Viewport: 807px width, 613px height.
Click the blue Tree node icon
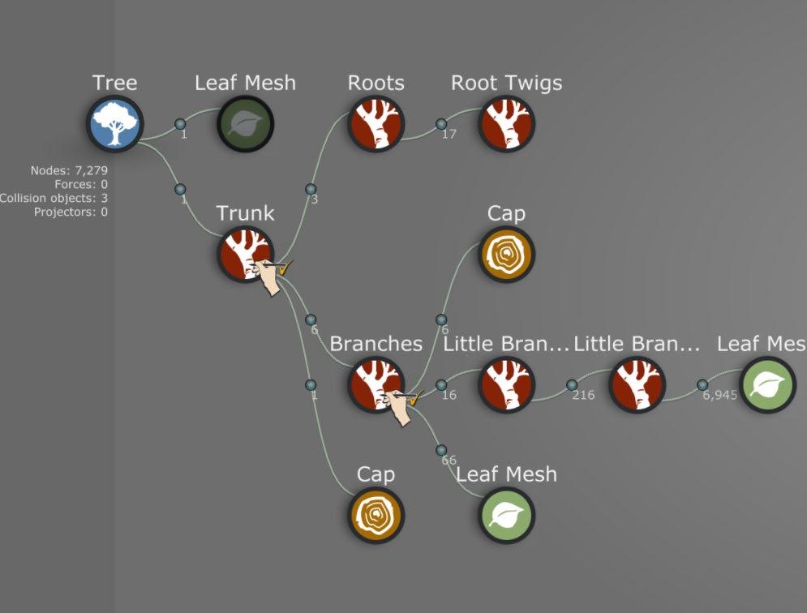coord(115,124)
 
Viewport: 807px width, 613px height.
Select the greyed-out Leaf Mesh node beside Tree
coord(246,124)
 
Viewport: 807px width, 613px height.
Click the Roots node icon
coord(376,124)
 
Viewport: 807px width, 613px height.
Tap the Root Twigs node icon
coord(506,124)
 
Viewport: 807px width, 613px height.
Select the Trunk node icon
coord(245,255)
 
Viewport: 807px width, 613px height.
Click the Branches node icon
coord(376,385)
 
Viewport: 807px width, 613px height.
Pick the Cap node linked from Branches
coord(507,255)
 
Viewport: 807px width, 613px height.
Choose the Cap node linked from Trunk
coord(376,516)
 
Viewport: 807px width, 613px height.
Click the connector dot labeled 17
coord(441,124)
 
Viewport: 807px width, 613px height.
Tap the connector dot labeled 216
coord(572,385)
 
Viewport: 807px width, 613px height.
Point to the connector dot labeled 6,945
coord(702,385)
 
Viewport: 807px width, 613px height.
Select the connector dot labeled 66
coord(441,450)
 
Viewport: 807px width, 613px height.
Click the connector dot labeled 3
coord(311,190)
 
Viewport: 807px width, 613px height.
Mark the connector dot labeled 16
coord(441,385)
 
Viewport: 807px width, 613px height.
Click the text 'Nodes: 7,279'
coord(69,170)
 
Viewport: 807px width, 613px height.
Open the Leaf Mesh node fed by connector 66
coord(507,516)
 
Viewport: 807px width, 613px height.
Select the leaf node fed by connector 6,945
coord(767,385)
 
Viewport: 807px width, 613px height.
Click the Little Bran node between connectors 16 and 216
coord(507,385)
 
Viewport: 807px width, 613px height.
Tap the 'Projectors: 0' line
coord(71,212)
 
